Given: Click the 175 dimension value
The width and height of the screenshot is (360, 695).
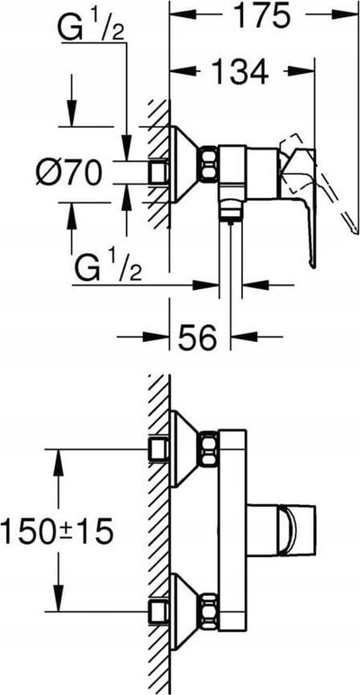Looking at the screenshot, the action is click(263, 16).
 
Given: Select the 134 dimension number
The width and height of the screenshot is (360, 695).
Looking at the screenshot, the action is click(239, 71).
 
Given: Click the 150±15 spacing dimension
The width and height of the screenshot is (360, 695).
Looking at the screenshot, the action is click(57, 532).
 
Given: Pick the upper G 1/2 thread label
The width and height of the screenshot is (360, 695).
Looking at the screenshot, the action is click(91, 28).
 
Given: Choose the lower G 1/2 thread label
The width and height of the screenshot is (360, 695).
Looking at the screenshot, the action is click(108, 265).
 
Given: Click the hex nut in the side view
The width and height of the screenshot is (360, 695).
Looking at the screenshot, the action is click(209, 164).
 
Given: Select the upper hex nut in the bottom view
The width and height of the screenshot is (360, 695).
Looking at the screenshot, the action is click(209, 448).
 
